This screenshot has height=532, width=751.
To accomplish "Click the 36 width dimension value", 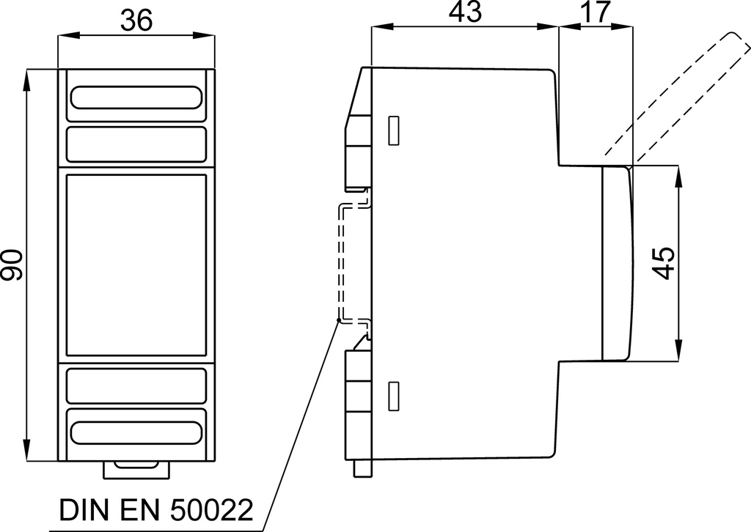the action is (x=136, y=20).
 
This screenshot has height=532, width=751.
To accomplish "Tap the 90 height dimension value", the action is (x=12, y=265).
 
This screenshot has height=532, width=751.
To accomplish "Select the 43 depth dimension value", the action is (x=465, y=12).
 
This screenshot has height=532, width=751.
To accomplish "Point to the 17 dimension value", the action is (x=596, y=12).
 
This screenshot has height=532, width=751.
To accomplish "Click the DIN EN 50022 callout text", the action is (x=155, y=510).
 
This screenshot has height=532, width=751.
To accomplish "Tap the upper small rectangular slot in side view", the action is (x=393, y=130).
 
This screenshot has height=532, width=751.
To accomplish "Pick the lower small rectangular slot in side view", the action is (x=393, y=396).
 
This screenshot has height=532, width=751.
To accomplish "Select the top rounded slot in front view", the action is (x=136, y=97).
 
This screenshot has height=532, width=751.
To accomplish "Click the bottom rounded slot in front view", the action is (x=136, y=432).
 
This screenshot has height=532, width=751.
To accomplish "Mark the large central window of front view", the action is (x=136, y=265).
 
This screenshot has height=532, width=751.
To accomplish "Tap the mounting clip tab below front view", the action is (x=136, y=470).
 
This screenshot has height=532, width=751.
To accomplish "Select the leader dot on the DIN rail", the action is (x=339, y=319).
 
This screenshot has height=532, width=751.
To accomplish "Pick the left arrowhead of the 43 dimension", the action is (x=381, y=27).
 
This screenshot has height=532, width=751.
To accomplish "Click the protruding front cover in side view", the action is (x=617, y=262).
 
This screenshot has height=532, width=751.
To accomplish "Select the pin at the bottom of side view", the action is (x=362, y=468).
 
